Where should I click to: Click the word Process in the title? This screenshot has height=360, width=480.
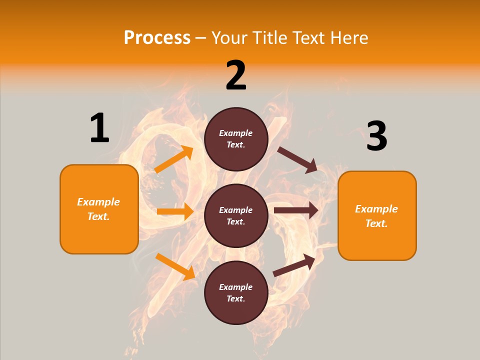point(157,37)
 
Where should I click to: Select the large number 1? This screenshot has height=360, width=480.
point(99,128)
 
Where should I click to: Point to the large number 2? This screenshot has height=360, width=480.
point(236,75)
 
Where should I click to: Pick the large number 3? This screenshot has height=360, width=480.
point(376,136)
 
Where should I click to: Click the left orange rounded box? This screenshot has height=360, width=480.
point(99,209)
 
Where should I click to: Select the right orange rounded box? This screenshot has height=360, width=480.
point(377,215)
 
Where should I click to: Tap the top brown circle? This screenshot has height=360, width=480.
point(236,139)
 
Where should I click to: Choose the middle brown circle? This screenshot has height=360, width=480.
point(236,215)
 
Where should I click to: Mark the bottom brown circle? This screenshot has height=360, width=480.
point(236,292)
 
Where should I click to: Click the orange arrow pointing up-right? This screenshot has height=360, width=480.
point(174,159)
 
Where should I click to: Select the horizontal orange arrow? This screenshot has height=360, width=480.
point(175,211)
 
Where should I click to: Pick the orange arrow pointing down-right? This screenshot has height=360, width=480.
point(175,266)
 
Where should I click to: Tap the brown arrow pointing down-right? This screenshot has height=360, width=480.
point(297,159)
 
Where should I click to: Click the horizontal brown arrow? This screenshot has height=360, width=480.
point(296,210)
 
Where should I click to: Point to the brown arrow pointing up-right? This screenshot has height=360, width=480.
point(294,265)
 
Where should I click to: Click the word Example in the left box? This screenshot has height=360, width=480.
point(98,202)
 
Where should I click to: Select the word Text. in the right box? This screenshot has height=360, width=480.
point(376,223)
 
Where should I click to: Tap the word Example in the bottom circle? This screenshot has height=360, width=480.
point(235,287)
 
